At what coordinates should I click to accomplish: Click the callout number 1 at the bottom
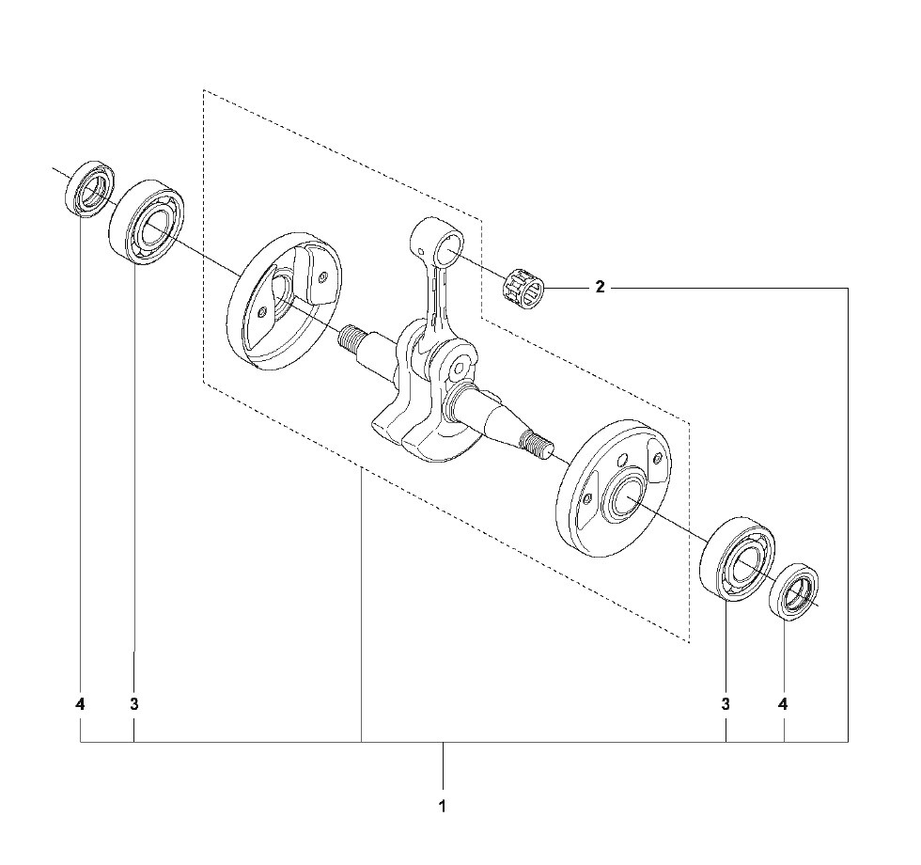point(442,807)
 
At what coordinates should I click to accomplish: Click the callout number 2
point(600,288)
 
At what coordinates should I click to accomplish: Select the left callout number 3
point(134,703)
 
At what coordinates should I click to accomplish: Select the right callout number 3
point(726,703)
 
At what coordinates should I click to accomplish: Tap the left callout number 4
point(81,703)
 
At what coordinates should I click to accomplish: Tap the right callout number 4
point(784,703)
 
